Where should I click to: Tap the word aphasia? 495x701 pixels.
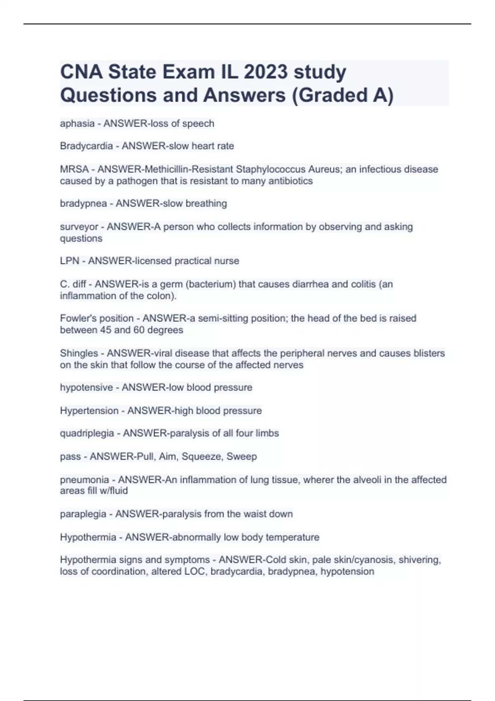coord(78,124)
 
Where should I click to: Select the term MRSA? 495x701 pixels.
coord(74,169)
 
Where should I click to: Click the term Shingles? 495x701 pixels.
coord(79,353)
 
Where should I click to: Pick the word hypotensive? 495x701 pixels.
coord(86,388)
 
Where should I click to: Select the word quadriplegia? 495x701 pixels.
coord(87,433)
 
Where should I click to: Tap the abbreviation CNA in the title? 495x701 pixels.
coord(81,72)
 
